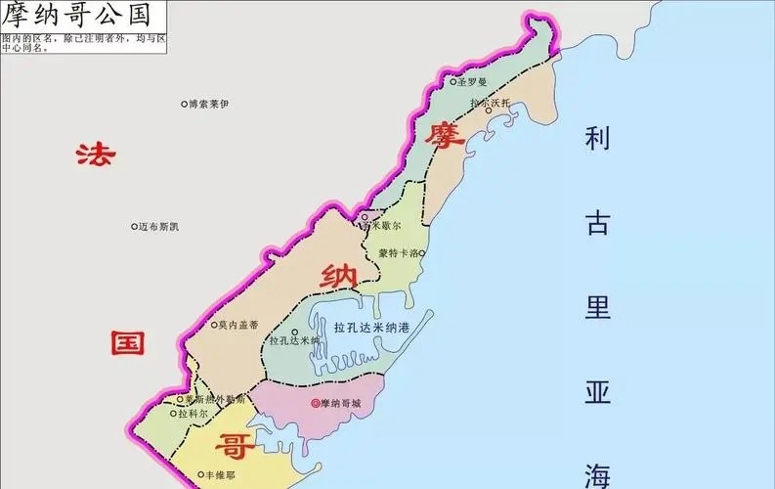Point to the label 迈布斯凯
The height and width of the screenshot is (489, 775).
click(158, 227)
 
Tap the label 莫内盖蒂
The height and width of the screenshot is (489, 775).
click(238, 325)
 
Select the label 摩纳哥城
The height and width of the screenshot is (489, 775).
click(340, 403)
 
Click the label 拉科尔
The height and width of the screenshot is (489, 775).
click(194, 414)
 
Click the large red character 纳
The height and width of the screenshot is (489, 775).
click(336, 276)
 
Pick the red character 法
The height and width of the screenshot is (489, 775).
click(96, 155)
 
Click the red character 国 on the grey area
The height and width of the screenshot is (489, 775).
click(127, 341)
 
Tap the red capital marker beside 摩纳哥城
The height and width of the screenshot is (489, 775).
click(314, 403)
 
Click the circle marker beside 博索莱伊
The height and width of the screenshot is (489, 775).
click(184, 104)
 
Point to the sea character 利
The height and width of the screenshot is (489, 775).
click(597, 139)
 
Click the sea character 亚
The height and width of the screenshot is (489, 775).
click(597, 392)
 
